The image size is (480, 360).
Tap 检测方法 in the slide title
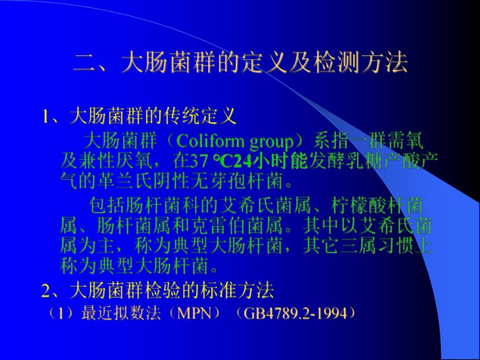point(355,65)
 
